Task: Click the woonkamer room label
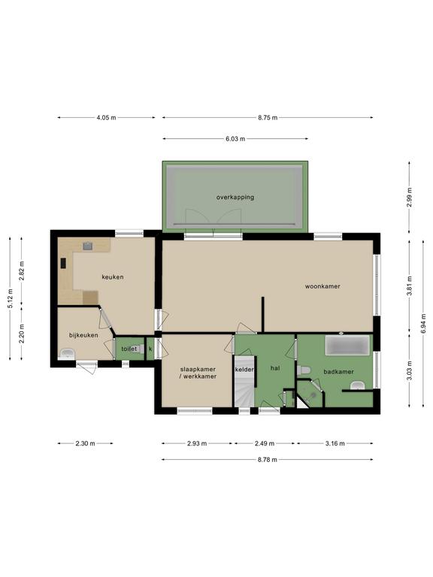coord(322,286)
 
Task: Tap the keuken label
coord(113,276)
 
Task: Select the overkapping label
coord(235,198)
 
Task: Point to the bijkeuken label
coord(83,335)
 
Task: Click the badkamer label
coord(339,372)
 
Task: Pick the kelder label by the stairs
coord(244,370)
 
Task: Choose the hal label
coord(275,368)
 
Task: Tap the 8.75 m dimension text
coord(268,118)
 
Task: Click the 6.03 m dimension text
coord(235,139)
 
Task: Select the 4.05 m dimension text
coord(106,118)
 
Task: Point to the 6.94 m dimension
coord(424,324)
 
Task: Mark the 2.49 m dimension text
coord(265,443)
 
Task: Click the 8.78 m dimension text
coord(268,460)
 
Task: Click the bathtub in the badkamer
coord(347,345)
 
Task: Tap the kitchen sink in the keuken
coord(88,246)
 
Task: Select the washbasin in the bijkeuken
coord(68,354)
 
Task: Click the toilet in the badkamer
coord(304,370)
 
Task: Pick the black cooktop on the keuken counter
coord(63,263)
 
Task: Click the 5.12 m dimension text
coord(11,298)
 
